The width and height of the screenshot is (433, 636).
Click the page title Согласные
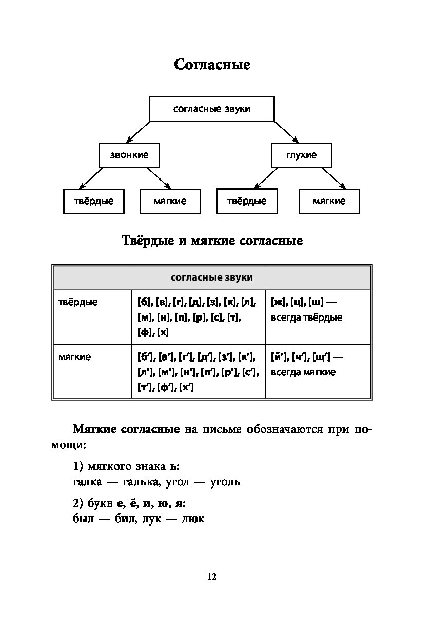click(212, 65)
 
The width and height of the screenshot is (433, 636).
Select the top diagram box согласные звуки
click(212, 109)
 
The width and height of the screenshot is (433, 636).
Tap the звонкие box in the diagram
click(129, 155)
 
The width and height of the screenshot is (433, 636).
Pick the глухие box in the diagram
click(301, 155)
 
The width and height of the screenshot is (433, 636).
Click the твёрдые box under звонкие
click(94, 201)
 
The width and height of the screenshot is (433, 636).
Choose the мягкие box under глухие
click(329, 201)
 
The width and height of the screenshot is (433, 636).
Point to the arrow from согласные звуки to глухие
click(286, 132)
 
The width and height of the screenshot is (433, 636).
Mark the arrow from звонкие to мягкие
click(159, 178)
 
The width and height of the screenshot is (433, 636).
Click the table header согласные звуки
click(212, 277)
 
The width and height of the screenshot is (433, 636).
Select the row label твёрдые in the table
click(78, 302)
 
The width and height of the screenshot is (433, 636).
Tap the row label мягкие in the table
click(75, 357)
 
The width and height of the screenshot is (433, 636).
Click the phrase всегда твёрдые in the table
click(306, 317)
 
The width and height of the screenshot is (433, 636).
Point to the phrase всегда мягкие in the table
click(303, 372)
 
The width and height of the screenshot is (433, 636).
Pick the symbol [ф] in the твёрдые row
click(144, 332)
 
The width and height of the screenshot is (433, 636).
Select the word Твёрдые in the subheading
click(148, 241)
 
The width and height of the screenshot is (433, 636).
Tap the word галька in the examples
click(140, 482)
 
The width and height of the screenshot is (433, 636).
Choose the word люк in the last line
click(193, 519)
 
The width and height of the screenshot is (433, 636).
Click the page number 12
click(212, 577)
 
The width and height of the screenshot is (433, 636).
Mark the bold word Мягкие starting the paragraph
click(94, 429)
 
